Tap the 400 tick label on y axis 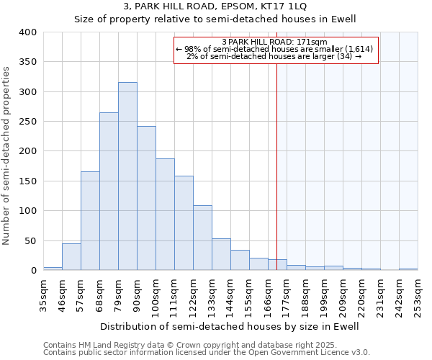28,32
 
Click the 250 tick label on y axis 28,122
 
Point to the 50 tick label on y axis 31,240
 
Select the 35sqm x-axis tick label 43,294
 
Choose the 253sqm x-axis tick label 418,294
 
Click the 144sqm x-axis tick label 230,294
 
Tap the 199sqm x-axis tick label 324,294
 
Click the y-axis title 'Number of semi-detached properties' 7,155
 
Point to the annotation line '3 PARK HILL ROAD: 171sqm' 275,42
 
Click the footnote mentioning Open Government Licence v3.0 207,353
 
